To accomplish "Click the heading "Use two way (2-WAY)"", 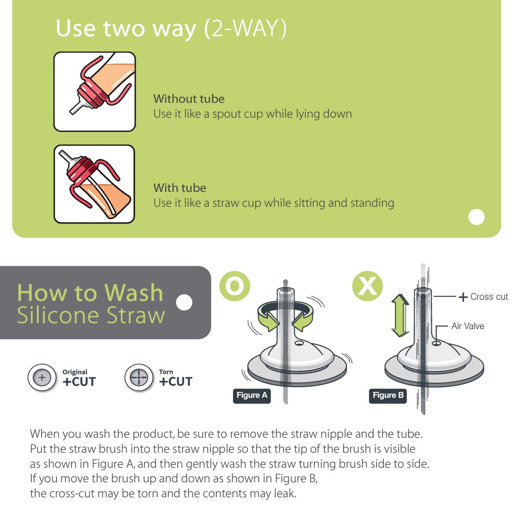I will (171, 29).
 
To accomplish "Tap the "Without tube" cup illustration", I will (95, 92).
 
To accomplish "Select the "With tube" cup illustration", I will (95, 184).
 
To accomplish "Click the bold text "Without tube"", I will (189, 99).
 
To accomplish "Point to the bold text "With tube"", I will (179, 188).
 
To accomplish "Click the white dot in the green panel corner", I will (476, 217).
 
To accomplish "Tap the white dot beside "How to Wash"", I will (184, 302).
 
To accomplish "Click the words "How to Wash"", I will (90, 293).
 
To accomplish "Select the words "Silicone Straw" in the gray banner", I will (91, 315).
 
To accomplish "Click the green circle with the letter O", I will (235, 286).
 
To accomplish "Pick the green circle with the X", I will (368, 286).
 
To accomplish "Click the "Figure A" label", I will (252, 395).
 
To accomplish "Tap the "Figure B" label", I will (388, 395).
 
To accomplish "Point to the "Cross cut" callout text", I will (488, 297).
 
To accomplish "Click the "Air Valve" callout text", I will (468, 326).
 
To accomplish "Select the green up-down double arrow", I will (400, 316).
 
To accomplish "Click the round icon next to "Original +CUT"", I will (42, 378).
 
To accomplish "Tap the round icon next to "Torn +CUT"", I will (139, 378).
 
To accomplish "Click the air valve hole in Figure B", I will (436, 343).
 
